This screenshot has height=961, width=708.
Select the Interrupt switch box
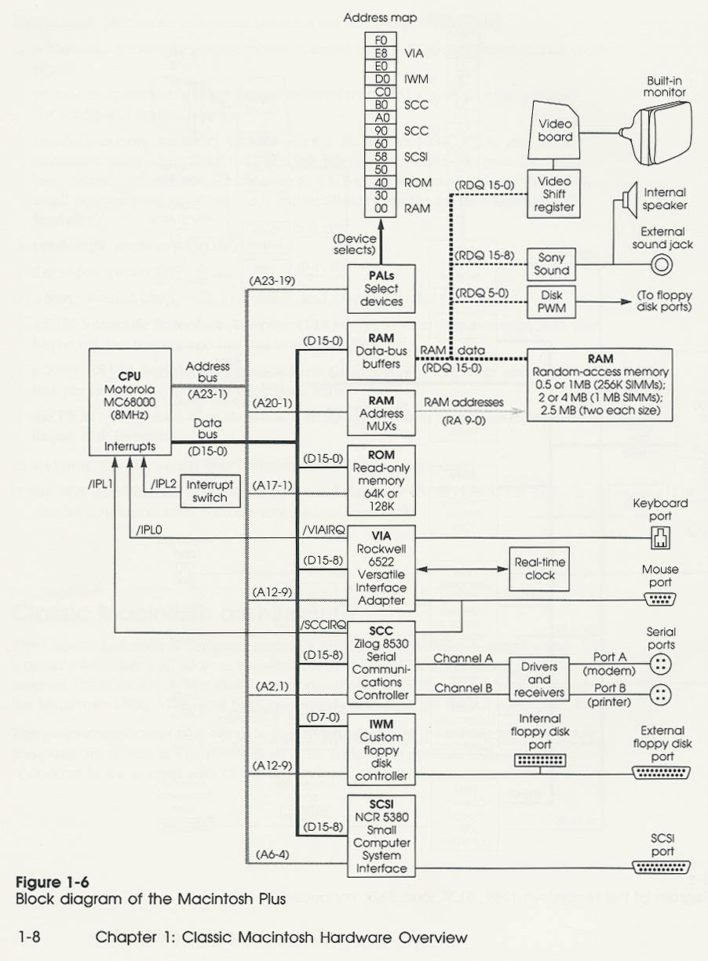[210, 490]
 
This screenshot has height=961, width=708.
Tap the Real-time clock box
[540, 568]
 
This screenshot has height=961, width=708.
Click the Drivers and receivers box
[539, 679]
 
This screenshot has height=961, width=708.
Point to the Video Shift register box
[555, 195]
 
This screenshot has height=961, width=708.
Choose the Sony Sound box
[552, 264]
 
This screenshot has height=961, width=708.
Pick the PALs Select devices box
[381, 289]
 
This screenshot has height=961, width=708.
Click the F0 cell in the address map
[382, 40]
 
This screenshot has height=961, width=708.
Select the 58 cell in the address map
[382, 156]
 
